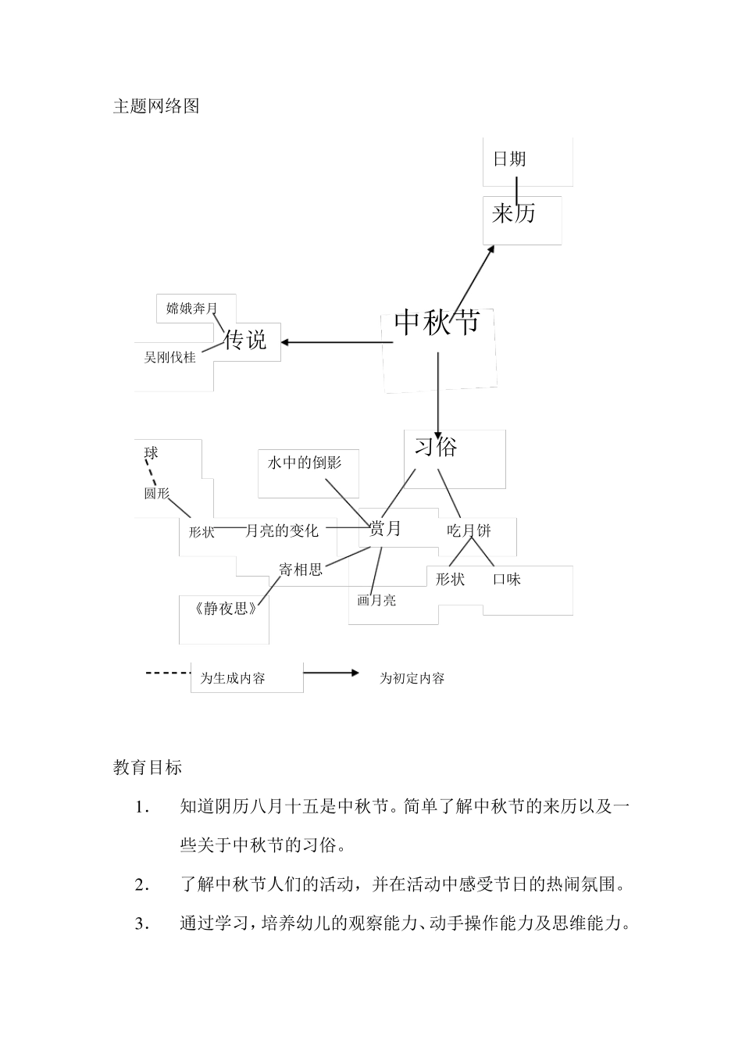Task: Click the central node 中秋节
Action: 437,322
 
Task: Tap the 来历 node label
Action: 513,212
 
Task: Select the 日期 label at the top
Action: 509,159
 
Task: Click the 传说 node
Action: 245,340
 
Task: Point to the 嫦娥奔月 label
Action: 191,309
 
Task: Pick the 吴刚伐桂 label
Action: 169,358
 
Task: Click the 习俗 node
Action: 436,446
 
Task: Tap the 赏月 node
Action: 384,529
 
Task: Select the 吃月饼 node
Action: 469,530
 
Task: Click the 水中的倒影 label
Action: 304,462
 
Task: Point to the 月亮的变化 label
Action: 282,531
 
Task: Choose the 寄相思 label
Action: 301,570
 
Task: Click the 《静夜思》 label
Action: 225,609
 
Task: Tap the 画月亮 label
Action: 376,600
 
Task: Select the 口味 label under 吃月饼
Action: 506,580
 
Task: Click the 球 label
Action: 151,454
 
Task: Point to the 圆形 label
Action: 156,494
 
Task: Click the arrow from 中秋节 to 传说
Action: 336,342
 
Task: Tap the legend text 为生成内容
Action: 233,679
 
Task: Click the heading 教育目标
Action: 148,768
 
